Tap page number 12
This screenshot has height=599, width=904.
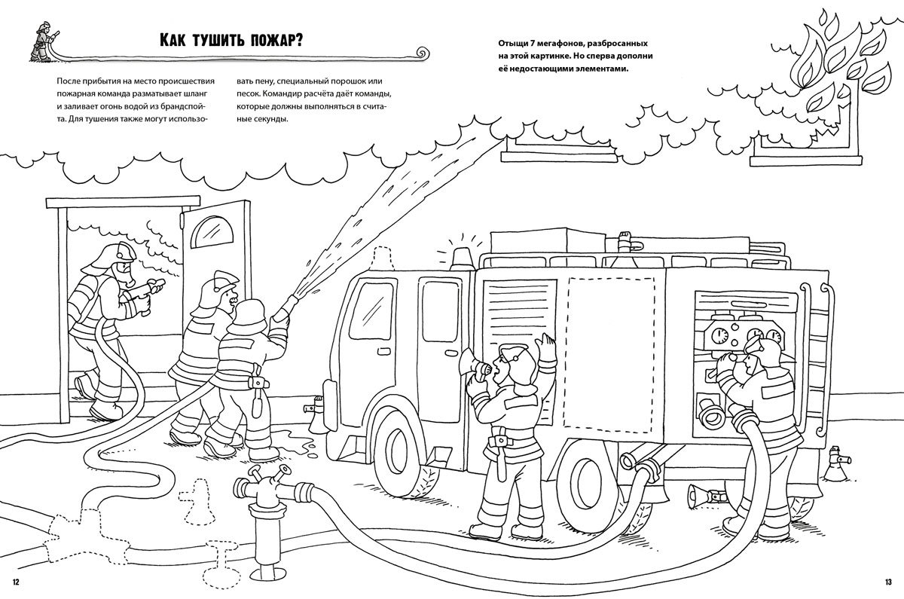[x=17, y=581]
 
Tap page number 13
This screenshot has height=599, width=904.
[x=887, y=581]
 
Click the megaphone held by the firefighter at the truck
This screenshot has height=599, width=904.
[x=473, y=365]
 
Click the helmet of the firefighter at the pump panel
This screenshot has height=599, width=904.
[x=762, y=349]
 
